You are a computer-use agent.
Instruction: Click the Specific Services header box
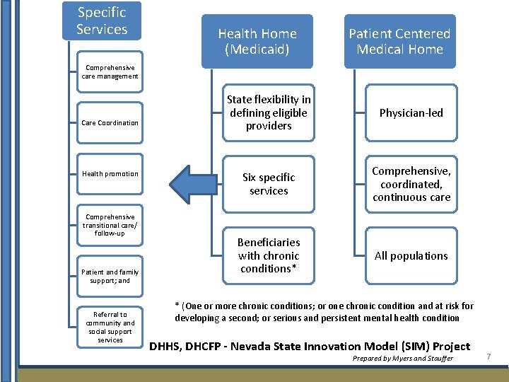(102, 21)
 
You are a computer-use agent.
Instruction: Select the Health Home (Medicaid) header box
(257, 41)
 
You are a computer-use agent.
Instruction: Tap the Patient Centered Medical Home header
(399, 41)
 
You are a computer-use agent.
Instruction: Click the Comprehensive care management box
(110, 71)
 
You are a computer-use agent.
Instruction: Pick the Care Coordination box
(110, 123)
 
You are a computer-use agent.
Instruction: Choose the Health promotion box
(110, 174)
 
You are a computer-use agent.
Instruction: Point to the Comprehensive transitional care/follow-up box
(110, 225)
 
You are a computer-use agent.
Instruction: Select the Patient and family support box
(110, 276)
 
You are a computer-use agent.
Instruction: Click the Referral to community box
(110, 327)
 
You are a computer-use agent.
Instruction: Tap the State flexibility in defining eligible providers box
(268, 112)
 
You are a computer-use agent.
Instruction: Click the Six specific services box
(268, 184)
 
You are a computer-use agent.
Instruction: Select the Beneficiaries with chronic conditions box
(268, 255)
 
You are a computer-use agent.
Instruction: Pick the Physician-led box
(411, 112)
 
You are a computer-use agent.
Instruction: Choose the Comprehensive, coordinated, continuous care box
(411, 184)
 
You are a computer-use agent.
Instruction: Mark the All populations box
(411, 255)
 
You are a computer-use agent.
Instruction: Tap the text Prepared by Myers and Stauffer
(402, 359)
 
